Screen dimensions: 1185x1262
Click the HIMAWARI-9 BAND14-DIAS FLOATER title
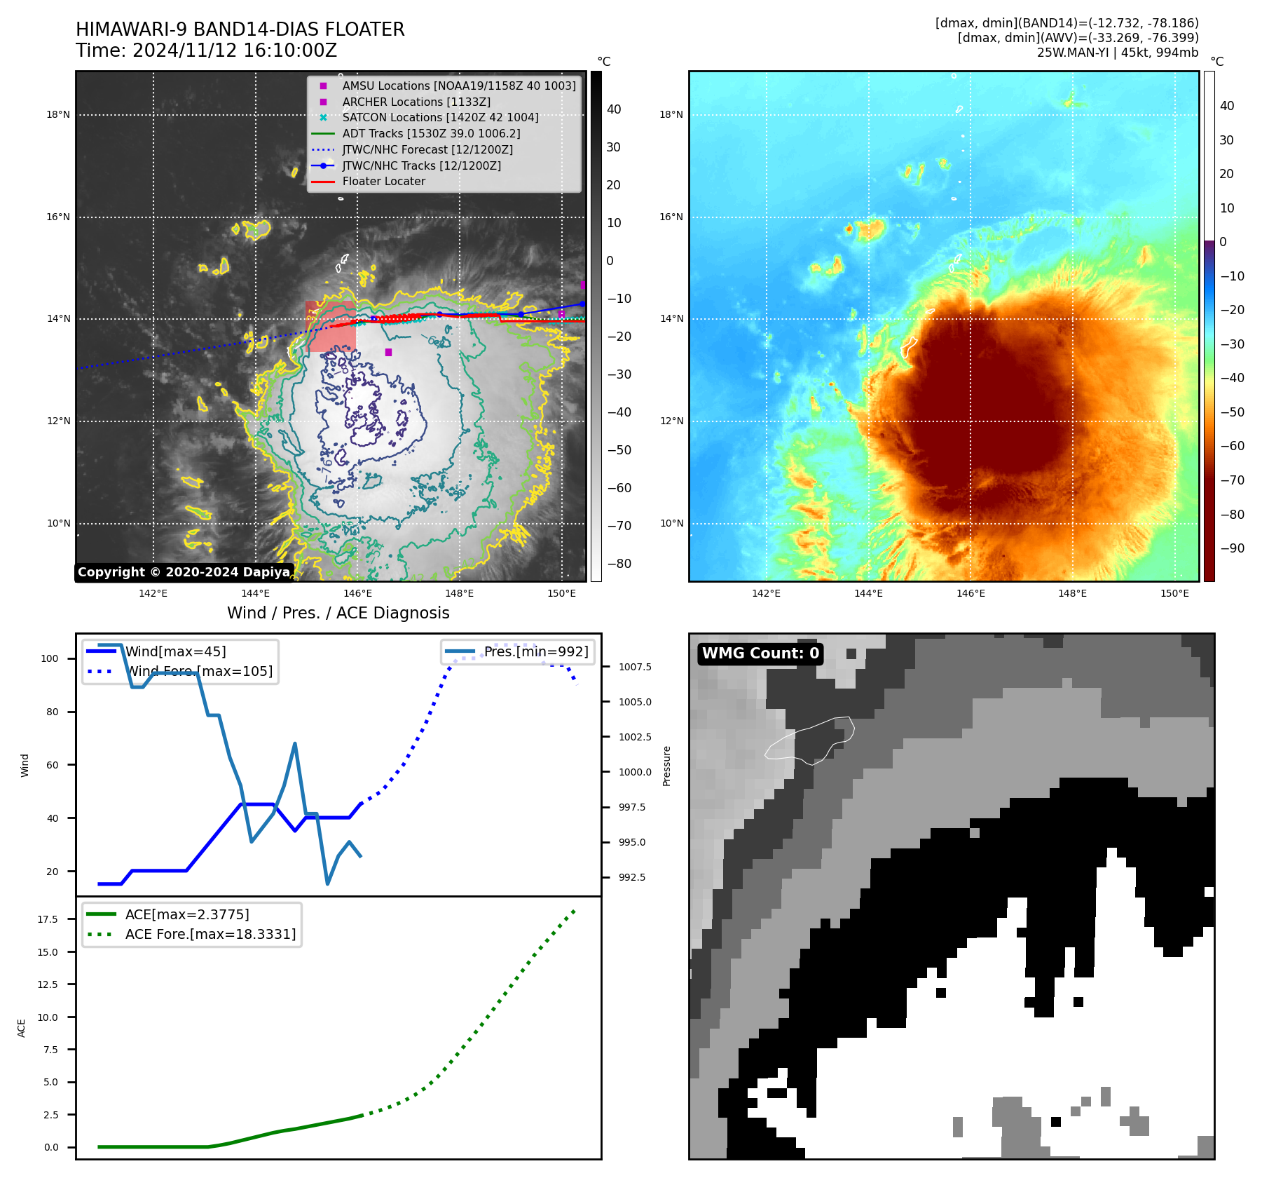[240, 29]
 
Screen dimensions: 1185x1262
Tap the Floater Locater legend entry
[383, 182]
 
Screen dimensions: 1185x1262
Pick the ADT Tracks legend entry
[430, 133]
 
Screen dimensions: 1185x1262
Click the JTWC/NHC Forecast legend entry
[427, 149]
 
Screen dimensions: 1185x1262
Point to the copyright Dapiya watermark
[184, 572]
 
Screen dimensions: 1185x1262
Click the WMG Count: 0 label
[760, 654]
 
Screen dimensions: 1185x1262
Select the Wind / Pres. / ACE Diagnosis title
[338, 613]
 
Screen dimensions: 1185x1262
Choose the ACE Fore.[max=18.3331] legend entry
[210, 934]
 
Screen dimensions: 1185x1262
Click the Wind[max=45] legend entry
[175, 651]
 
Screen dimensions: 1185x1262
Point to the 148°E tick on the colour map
[1072, 593]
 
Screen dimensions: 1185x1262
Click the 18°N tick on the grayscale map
[58, 115]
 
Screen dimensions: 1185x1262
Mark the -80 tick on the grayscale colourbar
[619, 564]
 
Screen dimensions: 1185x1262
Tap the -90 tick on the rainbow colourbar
[1232, 548]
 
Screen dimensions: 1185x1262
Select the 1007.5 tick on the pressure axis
[634, 667]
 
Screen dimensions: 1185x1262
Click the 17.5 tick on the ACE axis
[47, 919]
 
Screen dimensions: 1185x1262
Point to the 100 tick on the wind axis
[50, 658]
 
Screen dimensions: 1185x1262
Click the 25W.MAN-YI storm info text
[1117, 53]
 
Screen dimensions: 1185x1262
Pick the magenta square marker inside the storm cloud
[388, 352]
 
